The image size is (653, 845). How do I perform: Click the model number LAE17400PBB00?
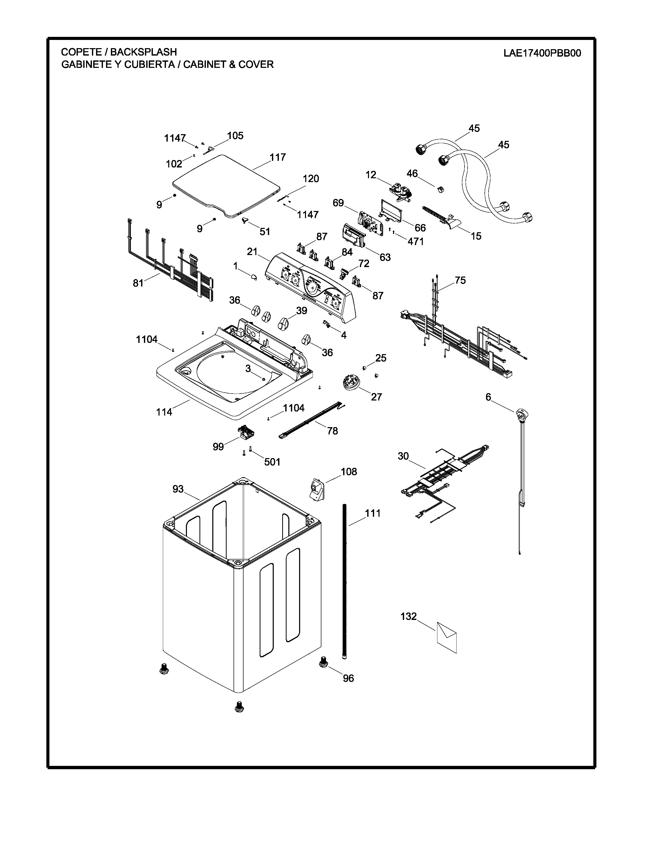coord(542,53)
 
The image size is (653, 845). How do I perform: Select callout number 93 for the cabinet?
coord(178,489)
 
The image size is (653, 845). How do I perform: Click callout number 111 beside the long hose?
coord(373,513)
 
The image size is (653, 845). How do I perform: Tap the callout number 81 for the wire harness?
coord(138,283)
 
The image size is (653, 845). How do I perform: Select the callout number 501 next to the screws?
coord(272,462)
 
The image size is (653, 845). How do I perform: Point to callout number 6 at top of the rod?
coord(488,397)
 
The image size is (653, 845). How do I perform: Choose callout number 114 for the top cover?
coord(164,412)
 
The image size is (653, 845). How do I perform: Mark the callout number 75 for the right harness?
coord(460,280)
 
